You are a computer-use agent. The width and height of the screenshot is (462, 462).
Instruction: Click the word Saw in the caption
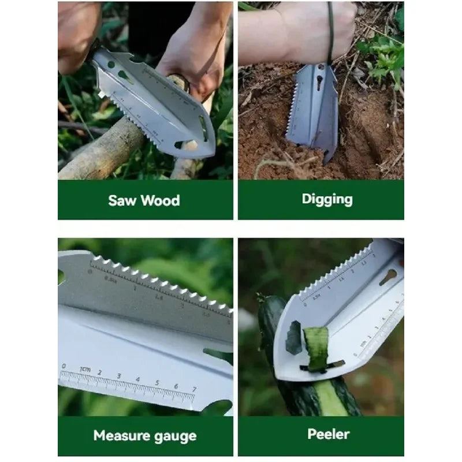click(122, 200)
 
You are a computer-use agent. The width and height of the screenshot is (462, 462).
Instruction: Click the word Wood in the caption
click(160, 200)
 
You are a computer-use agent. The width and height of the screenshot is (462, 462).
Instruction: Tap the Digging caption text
click(327, 199)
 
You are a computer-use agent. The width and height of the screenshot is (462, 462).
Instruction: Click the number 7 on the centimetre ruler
click(194, 389)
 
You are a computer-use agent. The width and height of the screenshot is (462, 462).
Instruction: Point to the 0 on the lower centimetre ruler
click(64, 366)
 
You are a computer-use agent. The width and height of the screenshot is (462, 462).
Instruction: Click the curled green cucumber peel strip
click(317, 348)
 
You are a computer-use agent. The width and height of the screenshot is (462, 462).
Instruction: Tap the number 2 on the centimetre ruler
click(99, 372)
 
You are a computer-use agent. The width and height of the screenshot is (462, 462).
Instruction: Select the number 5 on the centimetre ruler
click(157, 383)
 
